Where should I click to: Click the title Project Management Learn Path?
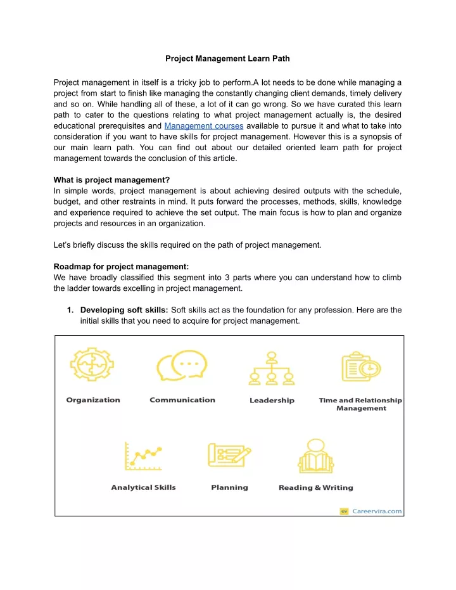pos(228,59)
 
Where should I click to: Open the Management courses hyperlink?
pos(203,125)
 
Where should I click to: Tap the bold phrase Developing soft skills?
pos(124,309)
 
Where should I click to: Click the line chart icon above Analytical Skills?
pos(144,458)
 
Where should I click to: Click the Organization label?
pos(93,400)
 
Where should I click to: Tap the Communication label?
pos(182,400)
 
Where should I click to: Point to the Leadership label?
pos(272,401)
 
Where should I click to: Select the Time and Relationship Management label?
pos(360,404)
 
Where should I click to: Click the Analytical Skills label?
pos(144,487)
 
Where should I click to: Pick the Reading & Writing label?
pos(315,487)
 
